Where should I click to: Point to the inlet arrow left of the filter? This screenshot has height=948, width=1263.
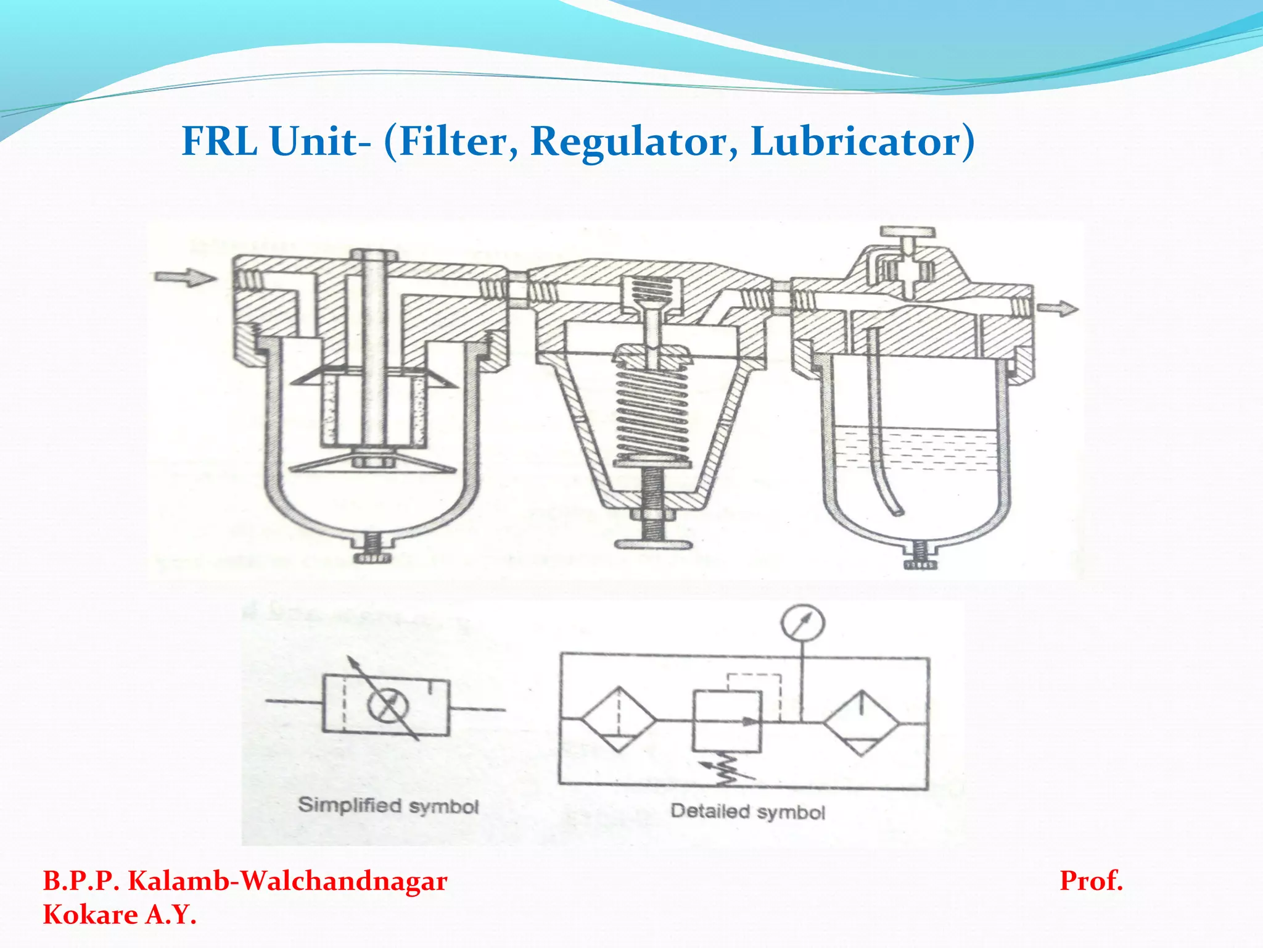click(184, 277)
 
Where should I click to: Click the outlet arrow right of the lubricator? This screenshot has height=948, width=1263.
click(1058, 308)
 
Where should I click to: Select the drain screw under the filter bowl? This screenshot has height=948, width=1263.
click(373, 551)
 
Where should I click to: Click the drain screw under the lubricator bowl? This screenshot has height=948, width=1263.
click(919, 557)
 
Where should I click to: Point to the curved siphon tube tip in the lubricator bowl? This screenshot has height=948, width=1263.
click(896, 511)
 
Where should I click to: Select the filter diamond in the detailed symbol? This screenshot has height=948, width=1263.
click(619, 720)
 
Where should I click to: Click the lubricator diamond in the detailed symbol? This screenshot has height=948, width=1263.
click(862, 722)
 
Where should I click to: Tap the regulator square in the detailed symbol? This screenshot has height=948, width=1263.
click(727, 721)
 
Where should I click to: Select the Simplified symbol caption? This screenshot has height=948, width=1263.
click(388, 806)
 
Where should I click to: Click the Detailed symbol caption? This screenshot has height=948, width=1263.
click(747, 812)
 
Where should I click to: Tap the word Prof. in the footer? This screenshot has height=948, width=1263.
click(1091, 881)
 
